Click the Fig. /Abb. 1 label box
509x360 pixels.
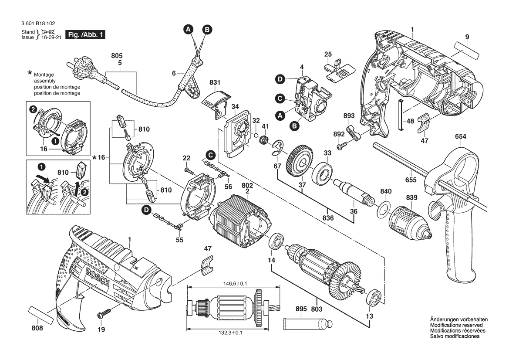point(85,34)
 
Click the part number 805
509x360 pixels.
point(116,56)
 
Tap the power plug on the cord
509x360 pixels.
point(82,69)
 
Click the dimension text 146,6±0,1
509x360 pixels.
point(233,284)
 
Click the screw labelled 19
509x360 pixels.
point(105,314)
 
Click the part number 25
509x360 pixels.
point(328,54)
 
